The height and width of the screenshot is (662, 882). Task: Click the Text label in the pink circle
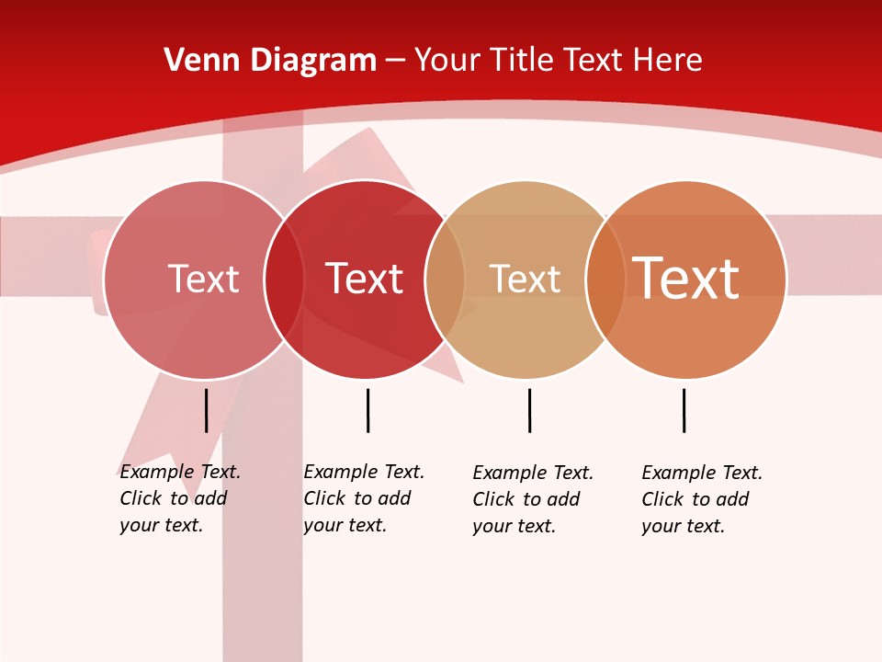tap(203, 279)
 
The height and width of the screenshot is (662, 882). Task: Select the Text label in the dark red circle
tap(364, 279)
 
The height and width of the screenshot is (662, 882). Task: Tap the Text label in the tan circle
tap(525, 279)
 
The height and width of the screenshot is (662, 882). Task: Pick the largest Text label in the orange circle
tap(685, 279)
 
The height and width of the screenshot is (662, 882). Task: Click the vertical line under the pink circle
tap(207, 410)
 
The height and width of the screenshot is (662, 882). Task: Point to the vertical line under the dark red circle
tap(367, 410)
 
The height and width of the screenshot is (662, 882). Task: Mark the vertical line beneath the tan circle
tap(529, 410)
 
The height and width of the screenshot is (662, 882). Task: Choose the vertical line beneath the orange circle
tap(684, 410)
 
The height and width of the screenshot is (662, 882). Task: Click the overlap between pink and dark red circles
tap(284, 279)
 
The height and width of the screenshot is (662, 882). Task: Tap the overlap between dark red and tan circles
tap(445, 279)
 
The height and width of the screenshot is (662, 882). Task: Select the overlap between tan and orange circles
tap(605, 279)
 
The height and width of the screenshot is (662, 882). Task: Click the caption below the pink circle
tap(180, 498)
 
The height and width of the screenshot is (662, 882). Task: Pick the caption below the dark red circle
tap(364, 498)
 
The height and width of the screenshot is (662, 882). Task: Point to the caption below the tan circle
tap(533, 499)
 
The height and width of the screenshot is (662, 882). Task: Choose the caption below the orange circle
tap(702, 499)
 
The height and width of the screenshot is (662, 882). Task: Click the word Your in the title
tap(448, 61)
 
